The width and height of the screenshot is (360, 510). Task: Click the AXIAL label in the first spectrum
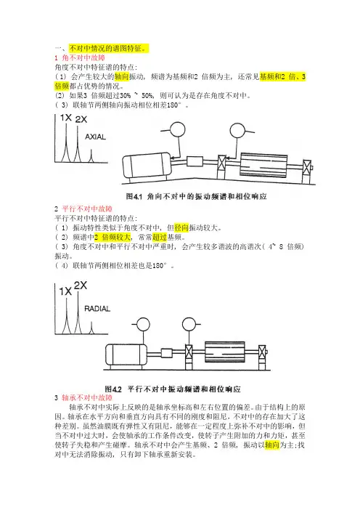(95, 137)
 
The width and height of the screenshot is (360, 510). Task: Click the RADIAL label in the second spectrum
(97, 309)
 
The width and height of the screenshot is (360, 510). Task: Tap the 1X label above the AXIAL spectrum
(66, 118)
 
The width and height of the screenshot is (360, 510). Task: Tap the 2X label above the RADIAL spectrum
(81, 286)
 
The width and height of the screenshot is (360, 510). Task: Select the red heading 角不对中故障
(83, 58)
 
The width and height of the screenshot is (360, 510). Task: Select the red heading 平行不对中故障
(87, 209)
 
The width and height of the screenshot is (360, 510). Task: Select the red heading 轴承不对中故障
(87, 398)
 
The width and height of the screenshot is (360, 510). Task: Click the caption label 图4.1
(134, 196)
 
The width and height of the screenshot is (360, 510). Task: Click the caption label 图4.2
(113, 389)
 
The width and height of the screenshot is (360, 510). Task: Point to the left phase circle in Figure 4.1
(177, 129)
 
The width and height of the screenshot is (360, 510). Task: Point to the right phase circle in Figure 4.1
(238, 131)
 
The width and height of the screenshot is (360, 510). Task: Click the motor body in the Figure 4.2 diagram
(126, 355)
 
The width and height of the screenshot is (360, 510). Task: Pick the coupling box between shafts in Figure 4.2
(167, 353)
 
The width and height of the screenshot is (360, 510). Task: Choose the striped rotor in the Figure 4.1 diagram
(263, 165)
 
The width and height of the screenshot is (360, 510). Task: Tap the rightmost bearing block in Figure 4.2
(262, 357)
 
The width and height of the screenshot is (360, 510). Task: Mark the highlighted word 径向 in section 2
(181, 227)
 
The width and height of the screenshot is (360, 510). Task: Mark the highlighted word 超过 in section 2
(159, 237)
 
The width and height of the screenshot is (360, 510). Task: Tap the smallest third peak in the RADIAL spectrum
(91, 328)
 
